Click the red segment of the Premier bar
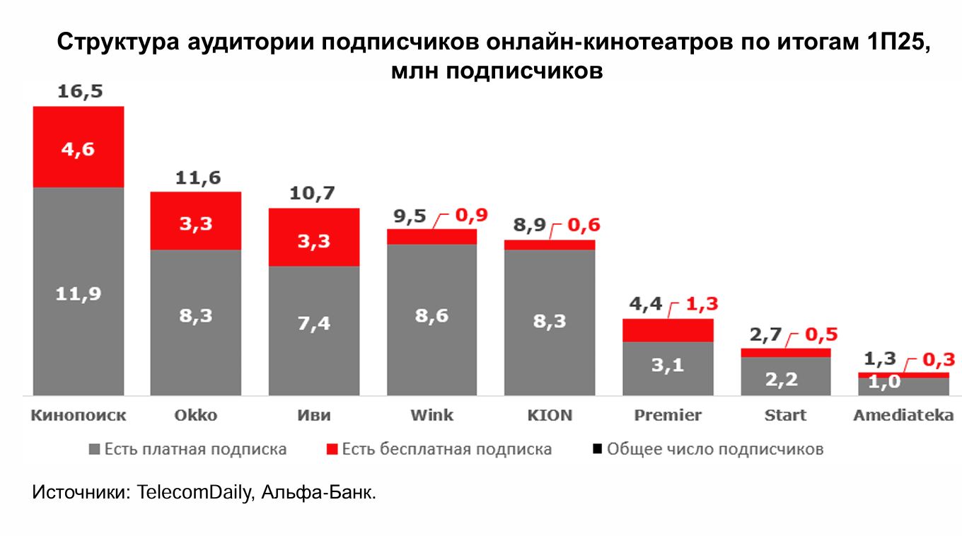tap(668, 330)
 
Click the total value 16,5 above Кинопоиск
tap(79, 92)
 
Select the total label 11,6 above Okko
tap(196, 178)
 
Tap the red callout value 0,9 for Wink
tap(470, 216)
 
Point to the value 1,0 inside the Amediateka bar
tap(885, 383)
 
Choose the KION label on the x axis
tap(550, 415)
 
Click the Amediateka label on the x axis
tap(903, 415)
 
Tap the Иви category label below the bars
tap(314, 415)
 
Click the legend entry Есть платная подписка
tap(195, 449)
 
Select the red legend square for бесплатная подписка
tap(332, 449)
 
